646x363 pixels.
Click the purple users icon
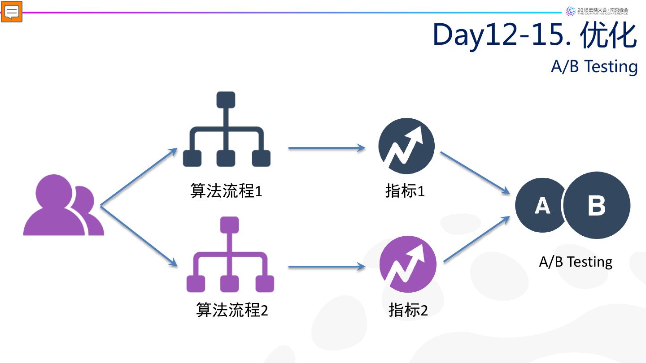point(63,206)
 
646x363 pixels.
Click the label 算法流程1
point(226,191)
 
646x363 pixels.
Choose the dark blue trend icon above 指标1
point(406,146)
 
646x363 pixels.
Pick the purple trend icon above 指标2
point(408,264)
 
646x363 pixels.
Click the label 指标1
point(405,191)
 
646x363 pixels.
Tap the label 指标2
point(408,310)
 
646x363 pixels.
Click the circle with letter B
point(597,205)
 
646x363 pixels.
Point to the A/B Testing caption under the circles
point(576,262)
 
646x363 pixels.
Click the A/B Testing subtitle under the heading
point(594,67)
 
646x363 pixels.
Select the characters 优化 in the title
point(608,35)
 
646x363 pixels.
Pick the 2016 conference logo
point(597,11)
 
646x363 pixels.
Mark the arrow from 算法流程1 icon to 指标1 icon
point(327,147)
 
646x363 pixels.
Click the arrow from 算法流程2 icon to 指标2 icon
point(327,267)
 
